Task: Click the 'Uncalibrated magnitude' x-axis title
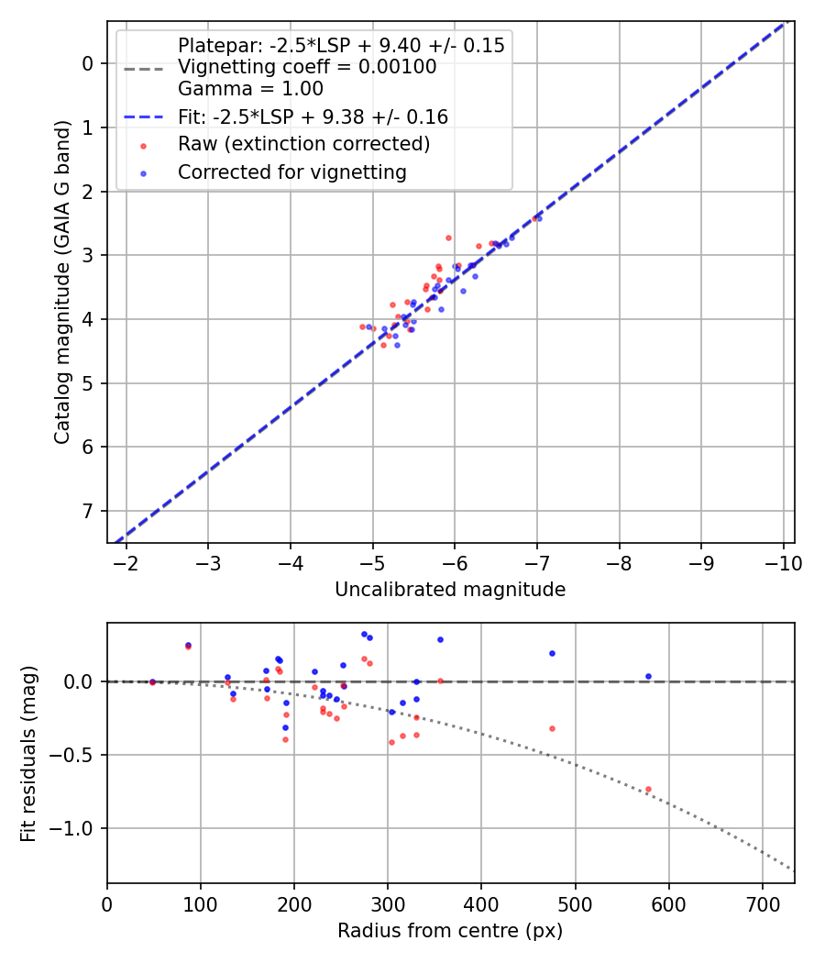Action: (450, 590)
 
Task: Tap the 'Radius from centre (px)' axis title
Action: (450, 931)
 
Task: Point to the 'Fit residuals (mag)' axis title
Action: (28, 754)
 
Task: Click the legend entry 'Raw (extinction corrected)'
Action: (303, 144)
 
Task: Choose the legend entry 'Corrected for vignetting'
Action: (291, 172)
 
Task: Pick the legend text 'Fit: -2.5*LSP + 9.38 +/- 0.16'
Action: (313, 116)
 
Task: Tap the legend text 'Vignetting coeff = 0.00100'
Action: (307, 67)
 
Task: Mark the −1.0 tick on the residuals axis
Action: (78, 828)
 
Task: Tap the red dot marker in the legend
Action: (142, 145)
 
